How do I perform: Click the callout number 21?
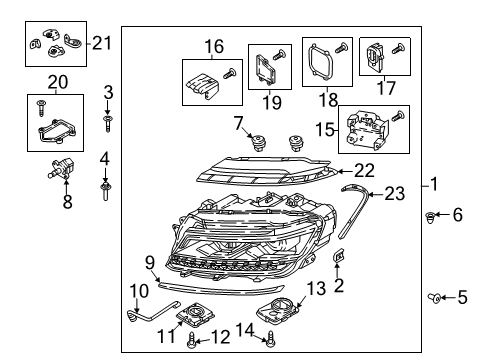click(101, 43)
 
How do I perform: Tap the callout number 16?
click(214, 46)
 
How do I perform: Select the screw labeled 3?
click(107, 124)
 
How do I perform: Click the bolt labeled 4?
click(105, 191)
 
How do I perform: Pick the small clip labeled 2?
click(339, 256)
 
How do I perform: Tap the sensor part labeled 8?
click(62, 169)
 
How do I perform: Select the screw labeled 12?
click(193, 340)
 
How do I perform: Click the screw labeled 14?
click(271, 339)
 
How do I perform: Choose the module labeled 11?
click(195, 315)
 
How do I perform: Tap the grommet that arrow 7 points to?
click(258, 142)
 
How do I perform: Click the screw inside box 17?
click(398, 49)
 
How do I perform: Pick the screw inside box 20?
click(41, 108)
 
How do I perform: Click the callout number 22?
click(364, 170)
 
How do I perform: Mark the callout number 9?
click(150, 263)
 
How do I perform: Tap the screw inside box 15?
click(398, 116)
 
